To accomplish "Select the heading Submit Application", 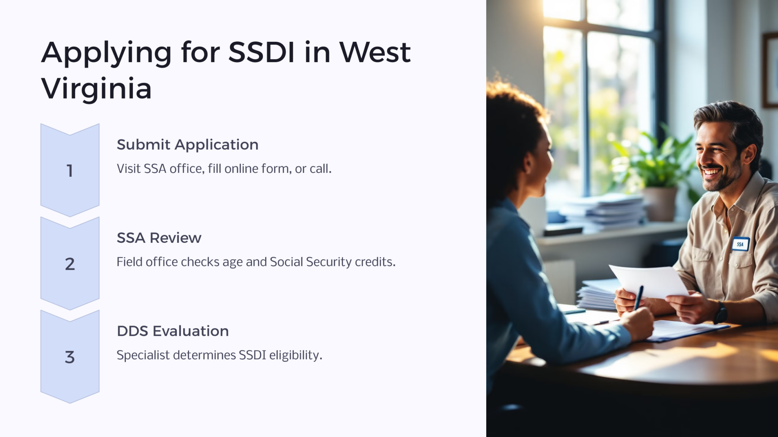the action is tap(187, 145).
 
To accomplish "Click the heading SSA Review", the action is tap(159, 238).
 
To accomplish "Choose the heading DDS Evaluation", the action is tap(172, 331).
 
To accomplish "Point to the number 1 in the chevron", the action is tap(70, 171).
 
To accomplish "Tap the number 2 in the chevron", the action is tap(70, 264).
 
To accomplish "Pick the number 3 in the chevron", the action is tap(70, 357).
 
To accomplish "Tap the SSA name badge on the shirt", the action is tap(740, 244).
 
